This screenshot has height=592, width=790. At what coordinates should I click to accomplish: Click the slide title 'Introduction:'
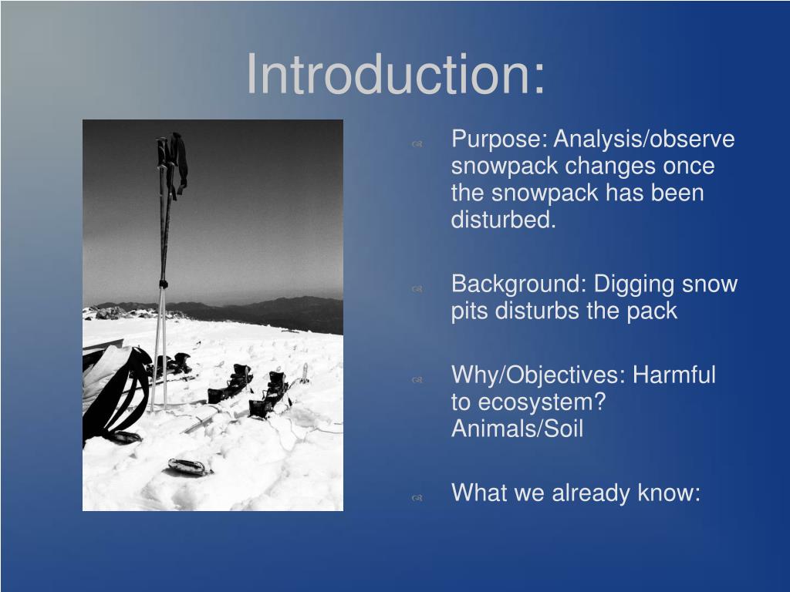click(x=395, y=75)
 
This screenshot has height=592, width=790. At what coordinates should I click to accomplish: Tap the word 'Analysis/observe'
click(x=644, y=140)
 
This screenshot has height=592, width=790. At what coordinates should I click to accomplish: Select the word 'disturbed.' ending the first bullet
click(x=503, y=220)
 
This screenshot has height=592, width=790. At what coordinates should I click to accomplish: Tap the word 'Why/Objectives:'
click(x=538, y=375)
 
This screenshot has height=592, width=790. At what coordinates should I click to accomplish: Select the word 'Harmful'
click(x=674, y=375)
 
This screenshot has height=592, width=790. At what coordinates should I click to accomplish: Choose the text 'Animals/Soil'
click(x=517, y=429)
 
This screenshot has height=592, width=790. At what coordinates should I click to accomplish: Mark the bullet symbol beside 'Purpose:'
click(x=417, y=143)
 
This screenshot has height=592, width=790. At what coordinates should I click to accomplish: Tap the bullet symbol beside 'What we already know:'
click(x=417, y=497)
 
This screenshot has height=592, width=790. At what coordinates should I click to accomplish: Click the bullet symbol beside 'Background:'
click(x=417, y=288)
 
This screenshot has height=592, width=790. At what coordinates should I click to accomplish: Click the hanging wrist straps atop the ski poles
click(x=177, y=162)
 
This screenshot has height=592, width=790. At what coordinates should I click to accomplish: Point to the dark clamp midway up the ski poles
click(x=163, y=284)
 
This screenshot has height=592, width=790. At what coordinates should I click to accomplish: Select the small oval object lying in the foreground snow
click(x=189, y=466)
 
